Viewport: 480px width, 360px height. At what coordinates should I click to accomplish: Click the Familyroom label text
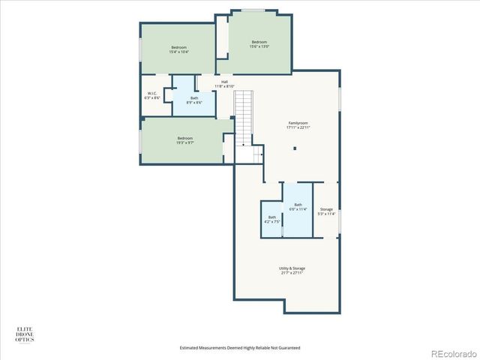coord(298,122)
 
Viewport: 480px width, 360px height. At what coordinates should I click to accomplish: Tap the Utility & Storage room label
coord(292,268)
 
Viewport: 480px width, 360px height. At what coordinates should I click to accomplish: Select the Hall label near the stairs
coord(224,82)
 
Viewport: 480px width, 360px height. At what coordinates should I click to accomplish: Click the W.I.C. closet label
coord(152,93)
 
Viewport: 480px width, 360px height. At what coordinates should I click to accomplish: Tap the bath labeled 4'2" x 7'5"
coord(271,219)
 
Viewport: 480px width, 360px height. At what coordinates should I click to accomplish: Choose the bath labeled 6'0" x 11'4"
coord(298,206)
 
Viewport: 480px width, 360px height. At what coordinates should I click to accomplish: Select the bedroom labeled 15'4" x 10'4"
coord(178,49)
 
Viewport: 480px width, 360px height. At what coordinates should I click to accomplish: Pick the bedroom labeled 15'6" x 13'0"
coord(259,43)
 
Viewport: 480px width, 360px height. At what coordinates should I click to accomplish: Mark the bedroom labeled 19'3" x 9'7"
coord(184,139)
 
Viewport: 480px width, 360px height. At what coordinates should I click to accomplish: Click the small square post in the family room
coord(295,148)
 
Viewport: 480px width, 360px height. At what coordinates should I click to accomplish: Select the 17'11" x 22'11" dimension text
coord(298,127)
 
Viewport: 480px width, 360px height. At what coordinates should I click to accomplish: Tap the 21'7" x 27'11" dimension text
coord(292,273)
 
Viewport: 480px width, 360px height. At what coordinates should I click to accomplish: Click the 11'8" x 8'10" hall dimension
coord(224,87)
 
